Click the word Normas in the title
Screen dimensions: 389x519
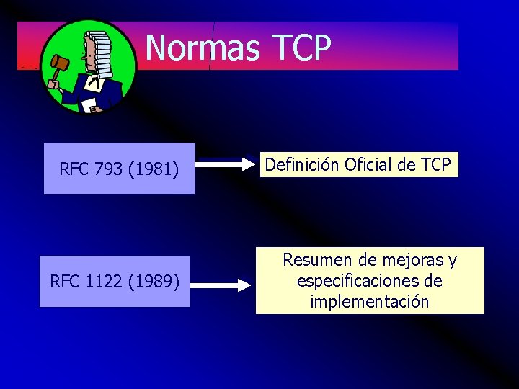203,48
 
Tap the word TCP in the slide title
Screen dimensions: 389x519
302,48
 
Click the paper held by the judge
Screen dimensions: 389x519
89,106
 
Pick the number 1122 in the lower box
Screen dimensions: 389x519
104,281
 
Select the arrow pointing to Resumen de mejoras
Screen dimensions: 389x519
222,285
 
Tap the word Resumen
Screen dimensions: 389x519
314,259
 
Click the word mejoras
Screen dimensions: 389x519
414,259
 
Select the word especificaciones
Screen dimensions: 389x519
360,280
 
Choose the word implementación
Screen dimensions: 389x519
370,301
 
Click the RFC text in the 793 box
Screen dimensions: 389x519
74,169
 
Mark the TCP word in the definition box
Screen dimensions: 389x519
435,165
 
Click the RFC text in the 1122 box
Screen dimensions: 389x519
64,281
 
